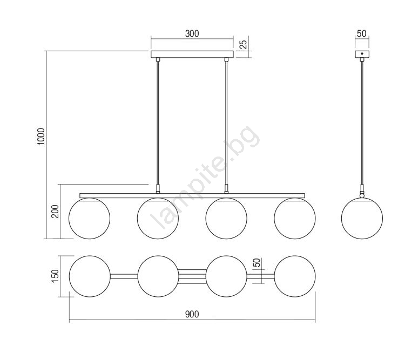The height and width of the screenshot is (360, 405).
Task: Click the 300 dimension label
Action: tap(192, 34)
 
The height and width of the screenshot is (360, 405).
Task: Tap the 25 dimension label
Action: tap(244, 44)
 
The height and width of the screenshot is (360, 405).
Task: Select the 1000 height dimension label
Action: tap(41, 137)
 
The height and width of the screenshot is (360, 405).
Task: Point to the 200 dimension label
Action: tap(55, 211)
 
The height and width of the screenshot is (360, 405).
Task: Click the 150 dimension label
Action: tap(55, 276)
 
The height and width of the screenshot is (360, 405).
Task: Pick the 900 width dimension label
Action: tap(192, 314)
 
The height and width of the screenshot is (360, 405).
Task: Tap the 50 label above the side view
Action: tap(362, 33)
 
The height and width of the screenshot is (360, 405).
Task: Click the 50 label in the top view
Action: tap(257, 262)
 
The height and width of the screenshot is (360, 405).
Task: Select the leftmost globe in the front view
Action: tap(89, 219)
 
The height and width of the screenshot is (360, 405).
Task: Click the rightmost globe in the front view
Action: tap(295, 219)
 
